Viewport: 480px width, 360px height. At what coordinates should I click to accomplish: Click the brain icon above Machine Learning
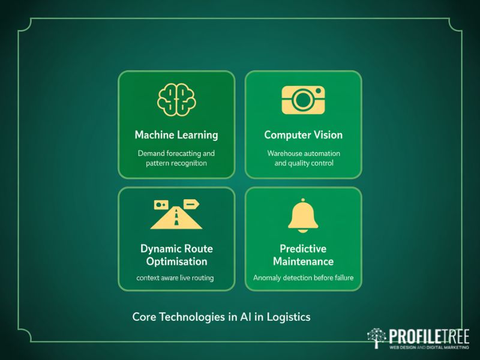tap(176, 100)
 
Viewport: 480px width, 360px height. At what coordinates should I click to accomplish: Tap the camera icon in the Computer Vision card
tap(303, 100)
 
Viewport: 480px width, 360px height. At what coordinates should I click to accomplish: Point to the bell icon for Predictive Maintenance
tap(303, 215)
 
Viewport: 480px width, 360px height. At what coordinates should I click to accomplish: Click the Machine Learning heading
tap(176, 135)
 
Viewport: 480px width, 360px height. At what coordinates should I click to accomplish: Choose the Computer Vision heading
tap(304, 135)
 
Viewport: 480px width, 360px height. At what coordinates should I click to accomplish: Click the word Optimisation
tap(176, 262)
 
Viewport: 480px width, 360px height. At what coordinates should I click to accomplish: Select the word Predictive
tap(303, 248)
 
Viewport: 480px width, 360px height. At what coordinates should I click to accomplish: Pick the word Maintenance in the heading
tap(303, 262)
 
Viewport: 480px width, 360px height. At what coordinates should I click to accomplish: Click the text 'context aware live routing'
tap(175, 278)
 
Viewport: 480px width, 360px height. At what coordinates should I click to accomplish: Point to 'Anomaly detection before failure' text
tap(303, 278)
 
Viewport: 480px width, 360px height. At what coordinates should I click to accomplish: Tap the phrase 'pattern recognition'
tap(176, 163)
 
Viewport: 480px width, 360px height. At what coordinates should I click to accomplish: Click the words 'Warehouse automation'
tap(304, 153)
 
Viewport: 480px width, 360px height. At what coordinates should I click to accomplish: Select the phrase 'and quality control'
tap(304, 163)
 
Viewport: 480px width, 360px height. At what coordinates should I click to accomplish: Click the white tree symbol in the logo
tap(377, 338)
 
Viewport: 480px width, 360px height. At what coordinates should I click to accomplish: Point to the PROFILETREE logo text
tap(428, 336)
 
